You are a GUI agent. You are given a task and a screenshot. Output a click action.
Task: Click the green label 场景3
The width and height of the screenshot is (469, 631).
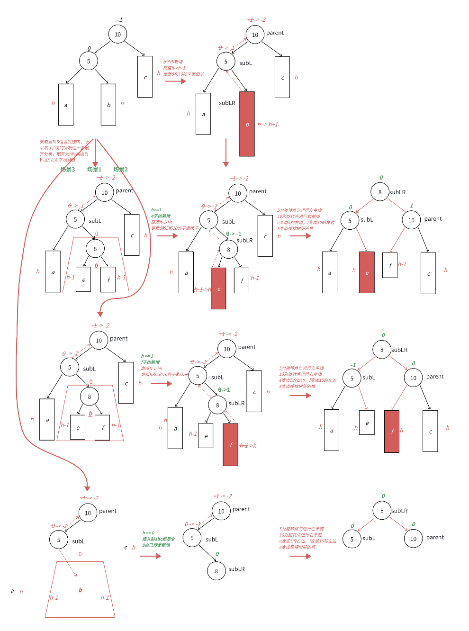(x=68, y=169)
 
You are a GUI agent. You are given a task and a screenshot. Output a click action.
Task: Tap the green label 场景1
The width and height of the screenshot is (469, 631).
(x=94, y=169)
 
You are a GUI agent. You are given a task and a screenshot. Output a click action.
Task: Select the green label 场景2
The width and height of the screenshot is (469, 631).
(x=120, y=169)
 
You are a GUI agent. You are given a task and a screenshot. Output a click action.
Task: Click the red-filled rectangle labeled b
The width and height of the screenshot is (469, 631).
(x=247, y=124)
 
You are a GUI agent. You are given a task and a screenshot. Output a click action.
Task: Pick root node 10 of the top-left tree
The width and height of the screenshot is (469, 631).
(x=117, y=34)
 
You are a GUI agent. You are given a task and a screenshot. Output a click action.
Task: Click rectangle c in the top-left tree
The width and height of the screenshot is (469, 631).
(x=145, y=77)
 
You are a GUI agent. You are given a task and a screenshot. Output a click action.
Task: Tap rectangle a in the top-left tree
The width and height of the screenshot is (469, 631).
(x=66, y=105)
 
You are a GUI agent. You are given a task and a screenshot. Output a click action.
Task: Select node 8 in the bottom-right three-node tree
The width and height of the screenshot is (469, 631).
(x=382, y=511)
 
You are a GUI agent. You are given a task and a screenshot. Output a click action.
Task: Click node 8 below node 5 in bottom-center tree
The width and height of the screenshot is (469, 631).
(x=216, y=571)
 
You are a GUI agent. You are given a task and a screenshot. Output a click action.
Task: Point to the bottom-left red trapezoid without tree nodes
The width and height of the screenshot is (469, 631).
(x=80, y=590)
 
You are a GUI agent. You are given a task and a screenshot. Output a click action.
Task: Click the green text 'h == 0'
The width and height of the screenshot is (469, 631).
(x=148, y=533)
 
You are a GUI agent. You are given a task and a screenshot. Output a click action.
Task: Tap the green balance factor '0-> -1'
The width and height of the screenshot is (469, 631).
(x=234, y=234)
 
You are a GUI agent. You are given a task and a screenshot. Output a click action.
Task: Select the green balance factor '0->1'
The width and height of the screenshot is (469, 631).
(x=224, y=390)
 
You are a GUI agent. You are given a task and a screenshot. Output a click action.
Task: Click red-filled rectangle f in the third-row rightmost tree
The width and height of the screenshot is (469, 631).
(x=392, y=431)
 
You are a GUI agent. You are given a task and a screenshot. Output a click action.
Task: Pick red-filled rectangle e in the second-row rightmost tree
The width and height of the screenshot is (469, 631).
(x=367, y=272)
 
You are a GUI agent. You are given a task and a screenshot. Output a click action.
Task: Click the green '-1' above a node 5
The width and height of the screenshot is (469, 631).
(x=353, y=365)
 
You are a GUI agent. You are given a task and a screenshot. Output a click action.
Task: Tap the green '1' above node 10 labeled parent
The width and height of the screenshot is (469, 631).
(x=412, y=206)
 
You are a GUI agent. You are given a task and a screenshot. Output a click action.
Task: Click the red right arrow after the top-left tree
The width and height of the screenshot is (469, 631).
(x=175, y=81)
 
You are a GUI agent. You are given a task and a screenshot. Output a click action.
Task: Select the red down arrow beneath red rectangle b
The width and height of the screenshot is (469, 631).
(x=226, y=153)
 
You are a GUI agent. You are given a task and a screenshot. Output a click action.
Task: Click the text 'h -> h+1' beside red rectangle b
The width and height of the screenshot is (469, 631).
(x=268, y=124)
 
